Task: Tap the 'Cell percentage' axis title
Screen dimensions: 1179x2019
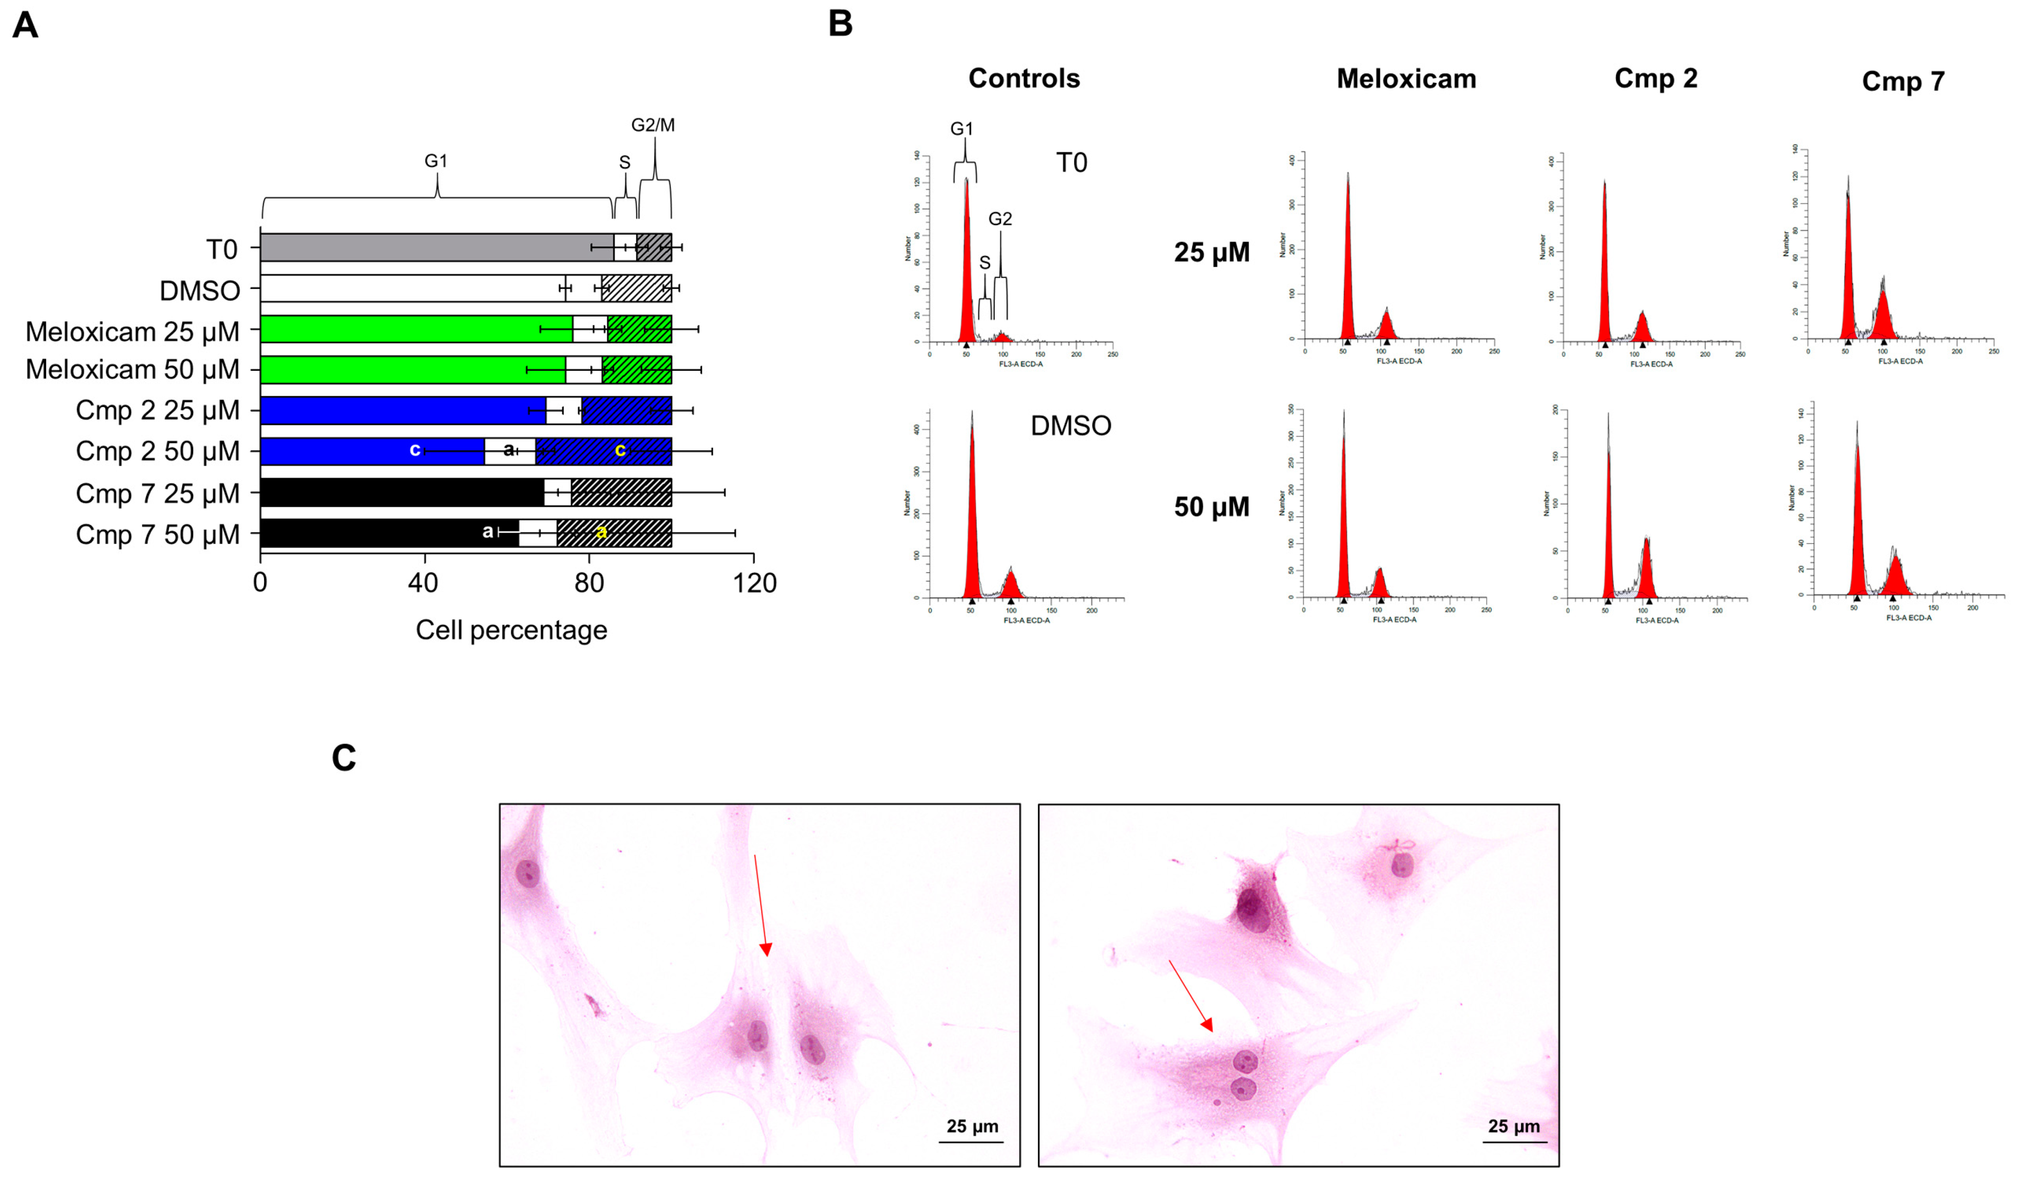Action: tap(511, 630)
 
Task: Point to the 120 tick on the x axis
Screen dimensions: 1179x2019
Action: tap(755, 583)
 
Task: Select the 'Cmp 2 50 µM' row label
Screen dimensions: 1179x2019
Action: tap(158, 451)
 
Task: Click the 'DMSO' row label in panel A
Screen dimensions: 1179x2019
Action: tap(199, 290)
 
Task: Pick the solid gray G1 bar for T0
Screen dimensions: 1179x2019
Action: tap(437, 248)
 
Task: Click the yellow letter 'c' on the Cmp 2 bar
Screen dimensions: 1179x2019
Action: tap(619, 450)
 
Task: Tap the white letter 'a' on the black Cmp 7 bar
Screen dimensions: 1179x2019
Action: tap(487, 531)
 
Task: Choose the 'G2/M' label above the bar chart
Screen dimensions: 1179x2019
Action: tap(653, 125)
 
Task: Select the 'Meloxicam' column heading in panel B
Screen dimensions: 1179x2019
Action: tap(1406, 79)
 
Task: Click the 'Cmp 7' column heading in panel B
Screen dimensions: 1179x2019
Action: tap(1903, 81)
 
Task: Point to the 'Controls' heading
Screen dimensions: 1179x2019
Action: tap(1024, 79)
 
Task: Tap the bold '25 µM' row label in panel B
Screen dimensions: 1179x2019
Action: tap(1211, 252)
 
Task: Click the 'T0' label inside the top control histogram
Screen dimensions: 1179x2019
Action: tap(1071, 163)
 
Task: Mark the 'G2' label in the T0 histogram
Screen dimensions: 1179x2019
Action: tap(1000, 219)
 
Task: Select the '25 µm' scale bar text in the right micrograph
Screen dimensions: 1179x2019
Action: tap(1513, 1126)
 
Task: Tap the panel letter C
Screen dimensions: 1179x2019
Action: tap(343, 757)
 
